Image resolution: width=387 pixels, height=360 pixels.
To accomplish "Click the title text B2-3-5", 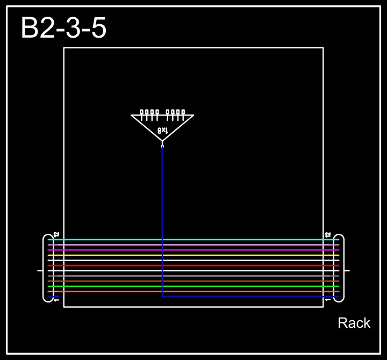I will point(63,28).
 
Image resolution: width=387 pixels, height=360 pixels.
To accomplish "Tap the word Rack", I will point(354,323).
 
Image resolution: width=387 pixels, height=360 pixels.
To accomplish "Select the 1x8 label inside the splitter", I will point(163,130).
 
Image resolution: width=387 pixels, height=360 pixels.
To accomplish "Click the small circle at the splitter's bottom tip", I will point(162,145).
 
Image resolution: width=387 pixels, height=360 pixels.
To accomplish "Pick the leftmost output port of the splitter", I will point(142,112).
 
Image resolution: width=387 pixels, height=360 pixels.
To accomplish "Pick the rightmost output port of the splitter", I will point(183,112).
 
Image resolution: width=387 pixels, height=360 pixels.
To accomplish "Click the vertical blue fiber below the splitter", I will point(162,215).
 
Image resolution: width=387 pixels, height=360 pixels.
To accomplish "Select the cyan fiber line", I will point(193,240).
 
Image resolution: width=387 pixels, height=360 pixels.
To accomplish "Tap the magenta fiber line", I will point(193,250).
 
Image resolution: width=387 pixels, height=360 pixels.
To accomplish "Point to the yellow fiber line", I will point(193,255).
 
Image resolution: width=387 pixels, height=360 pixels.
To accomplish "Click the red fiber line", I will point(193,265).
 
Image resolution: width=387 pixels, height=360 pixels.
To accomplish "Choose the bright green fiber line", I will point(193,286).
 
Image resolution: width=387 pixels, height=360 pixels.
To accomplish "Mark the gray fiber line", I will point(193,276).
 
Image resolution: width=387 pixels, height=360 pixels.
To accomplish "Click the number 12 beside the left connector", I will point(56,235).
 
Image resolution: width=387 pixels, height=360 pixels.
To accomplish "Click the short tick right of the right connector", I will point(347,270).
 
